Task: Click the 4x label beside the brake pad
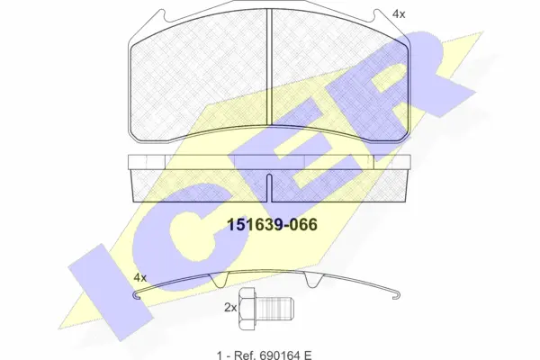coord(399,14)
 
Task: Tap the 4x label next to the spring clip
coord(139,277)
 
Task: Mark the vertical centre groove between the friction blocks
coord(271,76)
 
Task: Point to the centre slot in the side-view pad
coord(271,184)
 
